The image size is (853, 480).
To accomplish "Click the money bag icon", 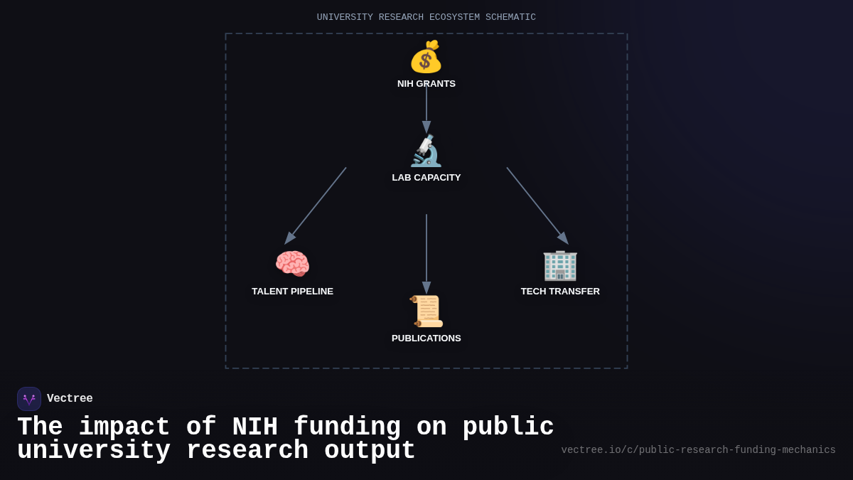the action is pos(426,57).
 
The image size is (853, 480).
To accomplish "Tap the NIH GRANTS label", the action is pos(426,84).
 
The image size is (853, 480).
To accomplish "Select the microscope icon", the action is pos(426,151).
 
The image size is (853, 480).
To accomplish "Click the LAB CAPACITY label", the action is pos(426,178).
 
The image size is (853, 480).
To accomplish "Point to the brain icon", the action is pos(292,264).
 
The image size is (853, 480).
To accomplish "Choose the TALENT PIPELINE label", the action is pos(292,292).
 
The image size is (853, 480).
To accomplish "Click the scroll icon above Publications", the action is pos(426,311).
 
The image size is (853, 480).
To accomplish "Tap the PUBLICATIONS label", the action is pos(426,338).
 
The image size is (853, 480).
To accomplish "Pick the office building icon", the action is pos(560,265).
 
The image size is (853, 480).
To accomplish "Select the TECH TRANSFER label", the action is pos(560,292).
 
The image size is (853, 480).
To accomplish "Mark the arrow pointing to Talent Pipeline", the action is pos(316,206).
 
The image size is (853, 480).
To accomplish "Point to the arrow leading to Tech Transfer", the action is pos(537,206).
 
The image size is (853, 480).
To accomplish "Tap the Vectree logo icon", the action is pos(29,399).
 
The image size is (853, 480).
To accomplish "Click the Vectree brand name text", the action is pos(70,399).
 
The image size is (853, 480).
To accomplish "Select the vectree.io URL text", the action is pos(698,450).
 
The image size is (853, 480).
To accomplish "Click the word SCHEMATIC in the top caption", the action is pos(510,17).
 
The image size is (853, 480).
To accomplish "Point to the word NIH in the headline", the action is pos(255,427).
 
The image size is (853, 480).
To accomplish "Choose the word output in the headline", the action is pos(370,451).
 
